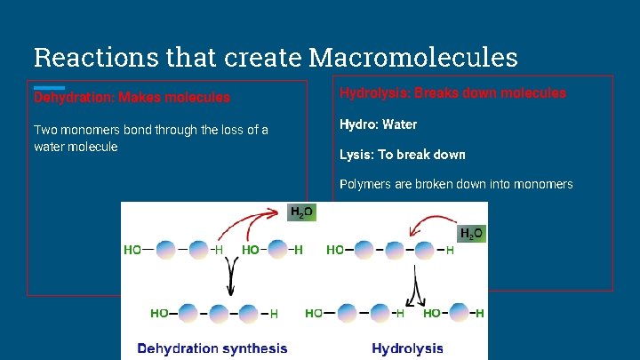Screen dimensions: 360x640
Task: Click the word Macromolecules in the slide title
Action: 413,58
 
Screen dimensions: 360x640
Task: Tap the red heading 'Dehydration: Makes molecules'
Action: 132,98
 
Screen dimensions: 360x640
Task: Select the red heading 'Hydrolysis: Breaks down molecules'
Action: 452,92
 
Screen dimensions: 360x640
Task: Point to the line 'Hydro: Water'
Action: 378,124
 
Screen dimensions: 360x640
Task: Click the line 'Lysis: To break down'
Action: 402,155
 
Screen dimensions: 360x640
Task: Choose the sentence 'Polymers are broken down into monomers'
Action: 456,184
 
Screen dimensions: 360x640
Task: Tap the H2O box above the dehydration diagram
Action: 301,212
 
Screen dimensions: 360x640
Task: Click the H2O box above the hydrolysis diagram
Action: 470,234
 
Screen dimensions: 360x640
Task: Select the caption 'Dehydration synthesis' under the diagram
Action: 212,348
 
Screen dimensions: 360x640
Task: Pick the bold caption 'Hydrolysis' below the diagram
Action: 407,348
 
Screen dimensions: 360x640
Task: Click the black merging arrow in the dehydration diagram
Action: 231,280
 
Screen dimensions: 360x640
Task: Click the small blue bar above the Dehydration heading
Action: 49,87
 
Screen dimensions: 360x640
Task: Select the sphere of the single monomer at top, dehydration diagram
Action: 277,250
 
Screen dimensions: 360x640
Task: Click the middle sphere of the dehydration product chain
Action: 218,313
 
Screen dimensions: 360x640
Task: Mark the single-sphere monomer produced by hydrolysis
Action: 459,313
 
